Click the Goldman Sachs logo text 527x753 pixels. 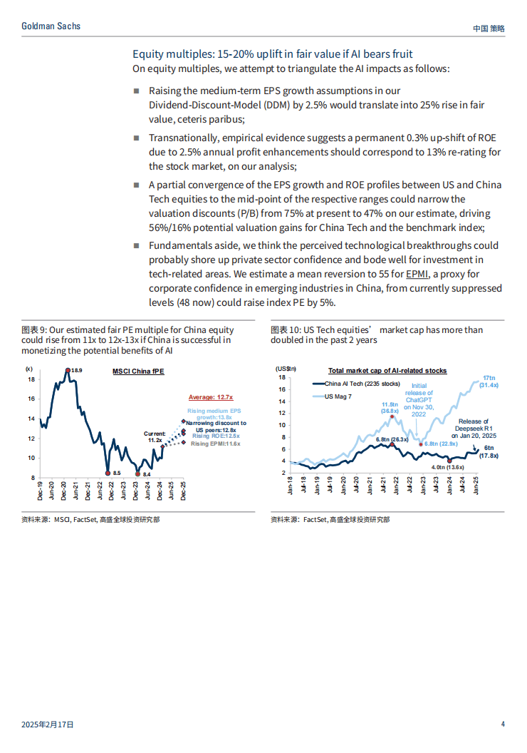click(x=51, y=26)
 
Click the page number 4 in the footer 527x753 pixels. click(x=503, y=724)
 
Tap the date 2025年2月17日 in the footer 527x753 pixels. click(x=48, y=724)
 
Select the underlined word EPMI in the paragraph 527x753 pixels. click(x=417, y=274)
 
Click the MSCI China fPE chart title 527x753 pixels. click(x=138, y=372)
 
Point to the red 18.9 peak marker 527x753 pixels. click(x=68, y=370)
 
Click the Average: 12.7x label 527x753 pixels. click(x=211, y=397)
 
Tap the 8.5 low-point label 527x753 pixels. click(x=117, y=473)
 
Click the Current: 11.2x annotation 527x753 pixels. click(x=155, y=436)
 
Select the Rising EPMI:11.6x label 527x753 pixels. click(x=215, y=444)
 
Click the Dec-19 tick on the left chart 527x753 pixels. click(x=40, y=491)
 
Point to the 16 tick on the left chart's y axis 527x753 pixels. click(x=31, y=399)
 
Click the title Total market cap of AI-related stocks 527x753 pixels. click(x=387, y=370)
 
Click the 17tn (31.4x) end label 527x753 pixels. click(x=489, y=381)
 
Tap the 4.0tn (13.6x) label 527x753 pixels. click(x=447, y=467)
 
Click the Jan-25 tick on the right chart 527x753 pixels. click(x=475, y=485)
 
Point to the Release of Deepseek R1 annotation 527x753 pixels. click(x=474, y=429)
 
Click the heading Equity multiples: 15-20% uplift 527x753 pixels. click(x=272, y=53)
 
